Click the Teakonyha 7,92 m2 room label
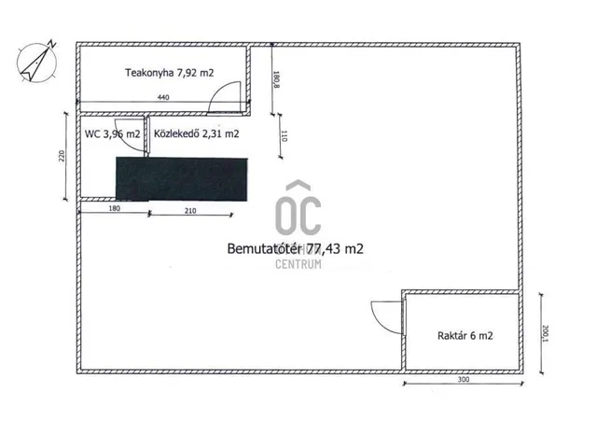(x=170, y=73)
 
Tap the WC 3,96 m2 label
(x=112, y=134)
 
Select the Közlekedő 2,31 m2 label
(x=197, y=133)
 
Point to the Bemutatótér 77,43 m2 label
(x=295, y=249)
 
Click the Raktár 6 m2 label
(x=465, y=336)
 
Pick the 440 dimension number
(x=163, y=97)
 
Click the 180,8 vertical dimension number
(x=276, y=79)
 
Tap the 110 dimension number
(x=284, y=136)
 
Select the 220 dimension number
(x=62, y=156)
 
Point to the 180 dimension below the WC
(x=114, y=208)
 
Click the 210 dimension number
(x=190, y=211)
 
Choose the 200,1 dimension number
(x=545, y=333)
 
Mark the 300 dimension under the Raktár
(x=464, y=380)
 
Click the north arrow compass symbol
(x=37, y=62)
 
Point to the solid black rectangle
(x=182, y=179)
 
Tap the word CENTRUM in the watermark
(x=298, y=264)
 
